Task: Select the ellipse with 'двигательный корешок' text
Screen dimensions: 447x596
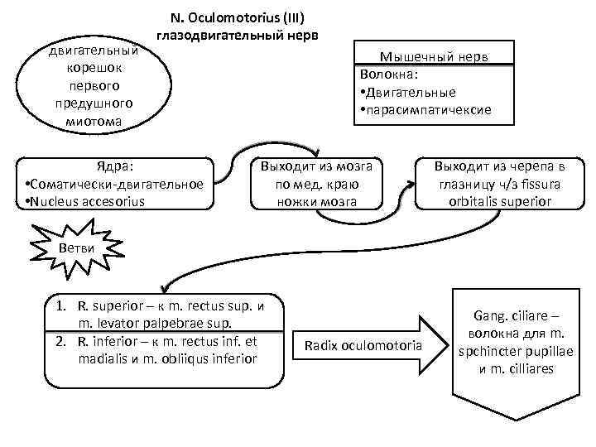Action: [94, 86]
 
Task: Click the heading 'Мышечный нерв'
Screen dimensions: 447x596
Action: [435, 55]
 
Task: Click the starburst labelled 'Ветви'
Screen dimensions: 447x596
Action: [78, 249]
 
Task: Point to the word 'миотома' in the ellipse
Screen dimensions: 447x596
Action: [94, 121]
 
